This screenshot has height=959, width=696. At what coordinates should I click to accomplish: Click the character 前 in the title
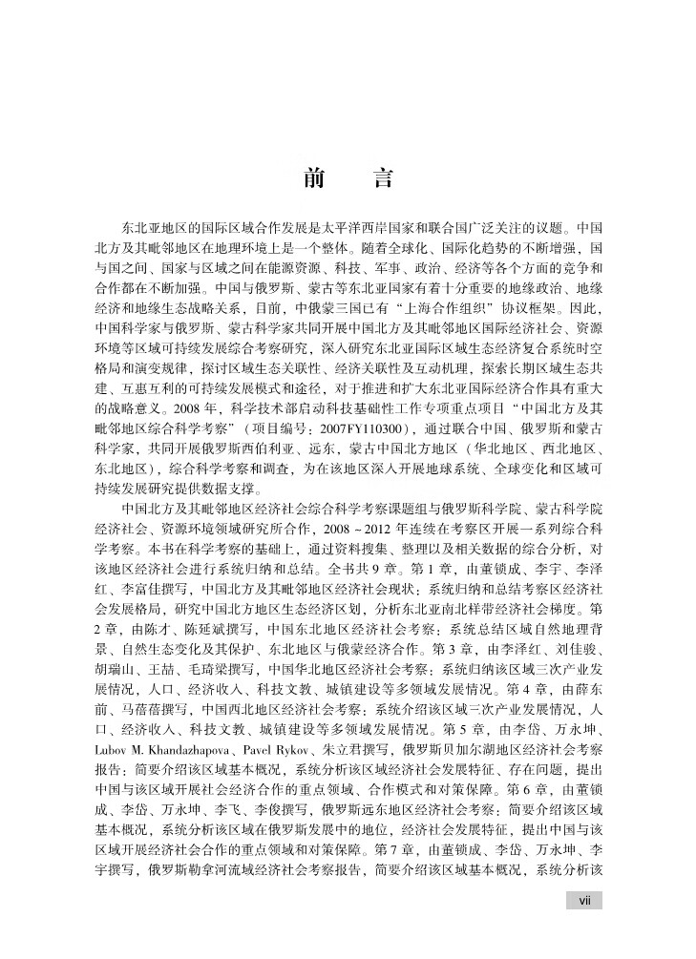point(312,178)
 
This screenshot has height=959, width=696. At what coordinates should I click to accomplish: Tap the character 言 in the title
point(381,178)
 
